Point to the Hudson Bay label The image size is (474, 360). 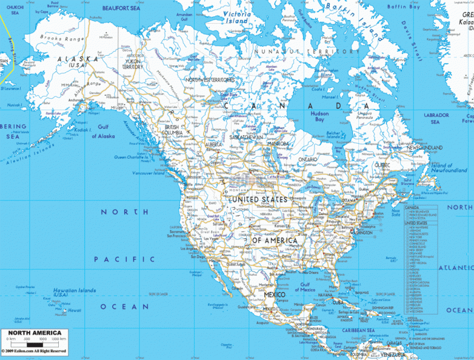(x=319, y=117)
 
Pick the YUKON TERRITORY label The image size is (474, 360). (x=133, y=64)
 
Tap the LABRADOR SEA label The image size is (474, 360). (x=436, y=118)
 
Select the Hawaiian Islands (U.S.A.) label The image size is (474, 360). (x=74, y=293)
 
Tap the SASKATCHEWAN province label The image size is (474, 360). (x=246, y=138)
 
